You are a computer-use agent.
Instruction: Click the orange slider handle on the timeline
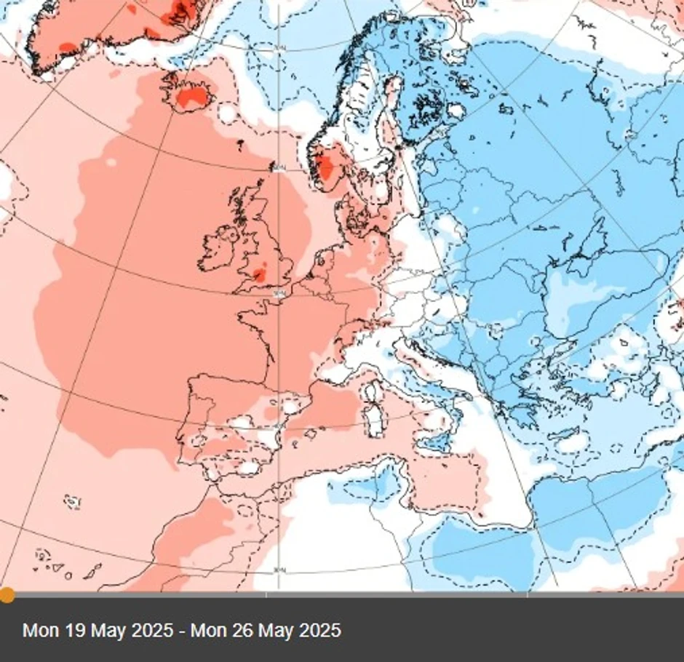pyautogui.click(x=7, y=595)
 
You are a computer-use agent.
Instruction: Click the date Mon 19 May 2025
pyautogui.click(x=98, y=629)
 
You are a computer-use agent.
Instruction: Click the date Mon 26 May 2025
pyautogui.click(x=266, y=629)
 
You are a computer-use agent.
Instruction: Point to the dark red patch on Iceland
pyautogui.click(x=192, y=96)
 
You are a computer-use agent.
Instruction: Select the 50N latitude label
pyautogui.click(x=278, y=294)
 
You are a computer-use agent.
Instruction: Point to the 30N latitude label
pyautogui.click(x=278, y=570)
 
